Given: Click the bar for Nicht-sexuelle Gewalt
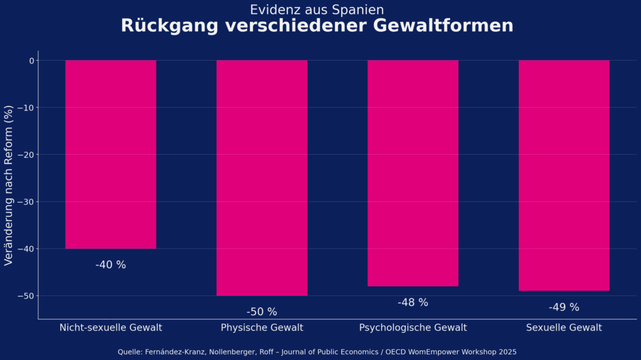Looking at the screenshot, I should pyautogui.click(x=111, y=154).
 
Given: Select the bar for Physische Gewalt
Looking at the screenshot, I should pyautogui.click(x=262, y=178).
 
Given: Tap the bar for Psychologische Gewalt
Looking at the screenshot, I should pyautogui.click(x=413, y=173).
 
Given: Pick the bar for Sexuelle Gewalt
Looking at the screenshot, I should pyautogui.click(x=564, y=175).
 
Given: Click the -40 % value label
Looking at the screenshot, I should pyautogui.click(x=111, y=265).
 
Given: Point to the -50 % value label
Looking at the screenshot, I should pyautogui.click(x=262, y=312).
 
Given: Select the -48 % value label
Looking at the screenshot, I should pyautogui.click(x=413, y=302).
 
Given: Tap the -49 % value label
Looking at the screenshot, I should pyautogui.click(x=564, y=307).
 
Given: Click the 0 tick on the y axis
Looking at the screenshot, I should pyautogui.click(x=31, y=61).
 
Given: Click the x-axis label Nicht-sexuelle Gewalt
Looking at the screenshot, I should pyautogui.click(x=111, y=327).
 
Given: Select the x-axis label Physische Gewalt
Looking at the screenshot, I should pyautogui.click(x=262, y=327).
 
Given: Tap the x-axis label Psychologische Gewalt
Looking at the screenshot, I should pyautogui.click(x=413, y=327).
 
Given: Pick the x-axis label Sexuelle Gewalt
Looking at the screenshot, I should pyautogui.click(x=564, y=327).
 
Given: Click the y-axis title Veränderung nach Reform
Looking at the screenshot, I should pyautogui.click(x=9, y=185).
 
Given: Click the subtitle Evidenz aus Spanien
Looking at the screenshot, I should pyautogui.click(x=317, y=9).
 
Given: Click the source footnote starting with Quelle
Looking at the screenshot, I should pyautogui.click(x=317, y=352).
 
